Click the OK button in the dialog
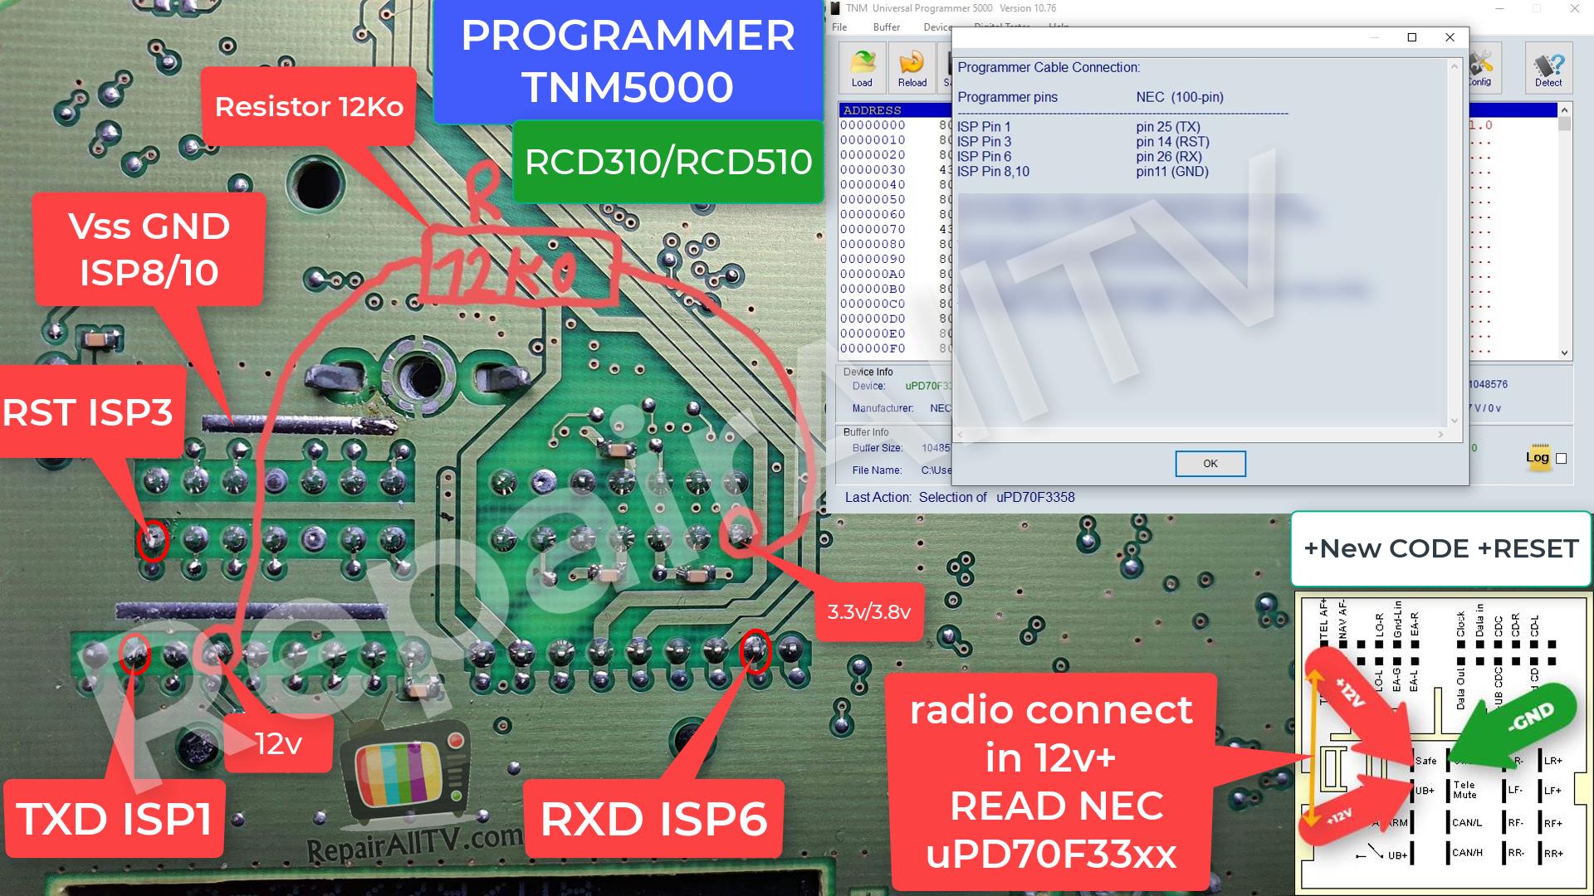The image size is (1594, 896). pos(1210,464)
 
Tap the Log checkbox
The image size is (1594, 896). pos(1561,458)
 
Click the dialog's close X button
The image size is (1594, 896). pos(1450,37)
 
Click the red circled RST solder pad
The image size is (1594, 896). pos(153,541)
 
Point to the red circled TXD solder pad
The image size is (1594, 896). pos(134,654)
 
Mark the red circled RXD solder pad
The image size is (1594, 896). pos(755,650)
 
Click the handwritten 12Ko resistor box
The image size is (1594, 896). pos(519,267)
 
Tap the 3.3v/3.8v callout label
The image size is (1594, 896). pos(868,612)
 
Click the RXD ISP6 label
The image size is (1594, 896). pos(653,819)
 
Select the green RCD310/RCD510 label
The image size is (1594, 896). pos(667,162)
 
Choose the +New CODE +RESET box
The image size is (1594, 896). pos(1440,548)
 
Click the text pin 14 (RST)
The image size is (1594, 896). pos(1172,142)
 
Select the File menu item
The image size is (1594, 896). pos(839,27)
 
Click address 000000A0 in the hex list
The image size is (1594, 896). pos(873,275)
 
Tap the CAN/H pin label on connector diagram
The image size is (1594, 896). pos(1467,852)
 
